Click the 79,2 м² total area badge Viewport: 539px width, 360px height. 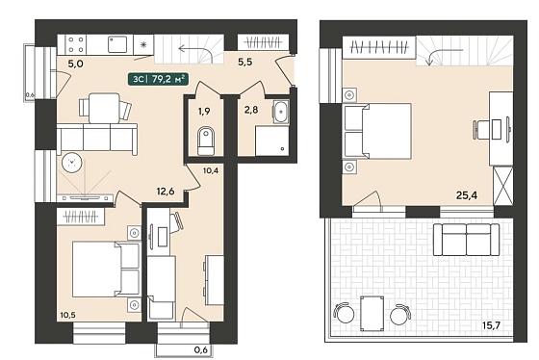coord(159,79)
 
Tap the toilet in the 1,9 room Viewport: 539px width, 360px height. coord(206,140)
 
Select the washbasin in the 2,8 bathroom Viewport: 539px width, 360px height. coord(281,112)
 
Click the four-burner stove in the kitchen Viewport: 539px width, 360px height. coord(76,44)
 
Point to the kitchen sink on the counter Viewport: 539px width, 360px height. coord(117,44)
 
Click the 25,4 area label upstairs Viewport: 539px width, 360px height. coord(467,195)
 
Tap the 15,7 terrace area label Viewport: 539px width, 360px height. coord(492,325)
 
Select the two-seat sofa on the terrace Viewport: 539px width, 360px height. coord(466,240)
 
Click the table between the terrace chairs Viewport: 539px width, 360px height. coord(372,313)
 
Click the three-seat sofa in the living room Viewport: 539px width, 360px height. coord(97,140)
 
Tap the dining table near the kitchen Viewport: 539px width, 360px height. coord(104,109)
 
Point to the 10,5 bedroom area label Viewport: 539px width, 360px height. coord(67,315)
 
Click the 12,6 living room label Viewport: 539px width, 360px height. coord(166,192)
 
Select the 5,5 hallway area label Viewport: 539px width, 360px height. coord(245,62)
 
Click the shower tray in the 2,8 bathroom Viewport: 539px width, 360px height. coord(271,141)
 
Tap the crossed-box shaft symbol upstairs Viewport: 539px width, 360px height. coord(502,186)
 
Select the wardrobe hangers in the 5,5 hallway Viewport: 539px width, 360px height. coord(263,43)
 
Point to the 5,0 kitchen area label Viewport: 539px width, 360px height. coord(75,64)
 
